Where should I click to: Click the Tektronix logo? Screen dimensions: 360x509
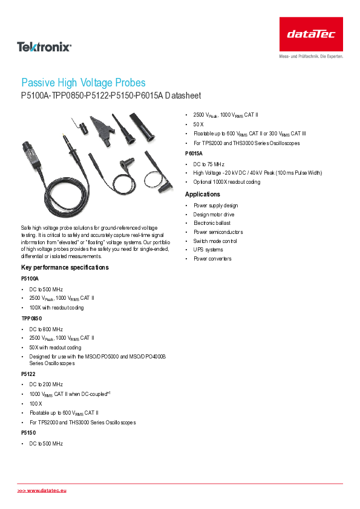pyautogui.click(x=44, y=46)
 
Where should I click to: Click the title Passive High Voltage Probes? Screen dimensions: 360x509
pyautogui.click(x=83, y=83)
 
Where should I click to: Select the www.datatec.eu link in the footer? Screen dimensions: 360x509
pyautogui.click(x=42, y=490)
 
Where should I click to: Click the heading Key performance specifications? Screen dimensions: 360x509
pyautogui.click(x=65, y=267)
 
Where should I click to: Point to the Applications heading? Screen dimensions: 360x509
pyautogui.click(x=203, y=194)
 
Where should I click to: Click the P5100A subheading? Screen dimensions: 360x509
pyautogui.click(x=30, y=279)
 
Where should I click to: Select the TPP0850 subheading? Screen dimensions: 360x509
pyautogui.click(x=32, y=318)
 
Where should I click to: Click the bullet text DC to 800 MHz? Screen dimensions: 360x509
pyautogui.click(x=46, y=329)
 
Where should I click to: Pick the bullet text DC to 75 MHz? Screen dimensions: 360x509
pyautogui.click(x=209, y=164)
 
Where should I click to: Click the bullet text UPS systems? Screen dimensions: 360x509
pyautogui.click(x=208, y=250)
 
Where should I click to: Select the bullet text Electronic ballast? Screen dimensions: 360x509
pyautogui.click(x=212, y=223)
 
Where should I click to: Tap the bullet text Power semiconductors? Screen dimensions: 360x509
pyautogui.click(x=218, y=232)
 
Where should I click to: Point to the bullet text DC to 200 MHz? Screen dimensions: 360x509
pyautogui.click(x=46, y=384)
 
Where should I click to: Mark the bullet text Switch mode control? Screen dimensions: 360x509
pyautogui.click(x=215, y=241)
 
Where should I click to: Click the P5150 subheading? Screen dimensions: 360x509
pyautogui.click(x=29, y=433)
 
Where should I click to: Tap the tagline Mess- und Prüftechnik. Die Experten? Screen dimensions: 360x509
pyautogui.click(x=311, y=56)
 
